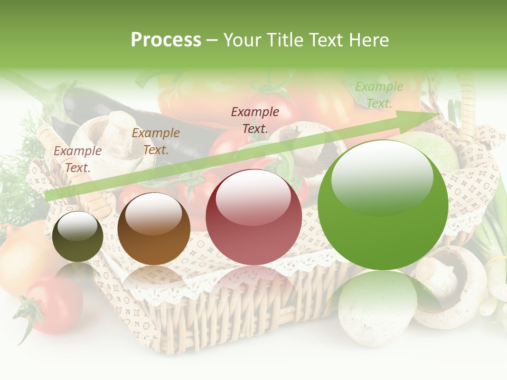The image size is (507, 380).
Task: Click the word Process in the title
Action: [x=166, y=40]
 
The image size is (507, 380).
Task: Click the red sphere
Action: [x=253, y=216]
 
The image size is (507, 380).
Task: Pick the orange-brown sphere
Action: [x=154, y=229]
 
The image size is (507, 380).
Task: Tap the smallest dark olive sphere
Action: [x=78, y=236]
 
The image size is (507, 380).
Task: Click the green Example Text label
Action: [x=379, y=95]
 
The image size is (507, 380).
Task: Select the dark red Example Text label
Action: [x=255, y=120]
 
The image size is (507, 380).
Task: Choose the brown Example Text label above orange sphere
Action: [x=156, y=141]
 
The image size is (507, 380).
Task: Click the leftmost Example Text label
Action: [x=78, y=159]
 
